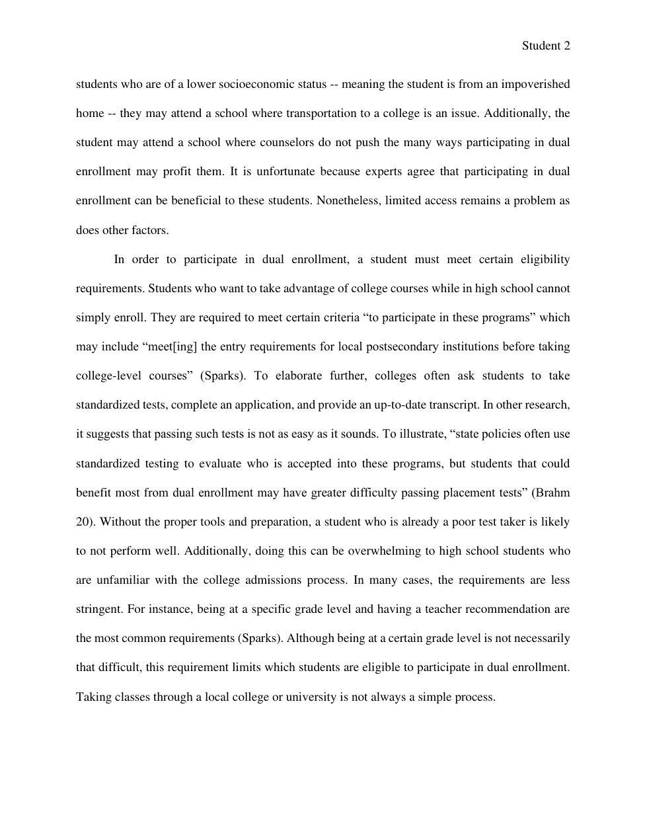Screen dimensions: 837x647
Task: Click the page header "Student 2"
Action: (546, 46)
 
